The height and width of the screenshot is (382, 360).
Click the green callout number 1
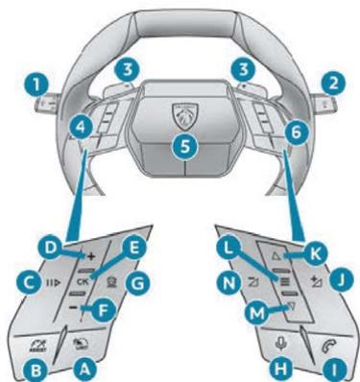pos(38,83)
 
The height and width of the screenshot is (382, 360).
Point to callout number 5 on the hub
pos(180,147)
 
